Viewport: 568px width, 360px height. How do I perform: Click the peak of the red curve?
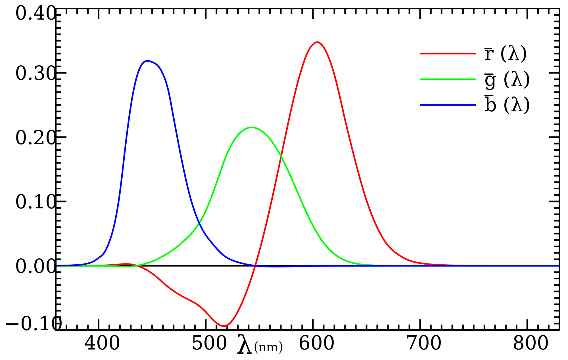tap(317, 42)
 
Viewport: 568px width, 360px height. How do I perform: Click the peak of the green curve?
tap(252, 127)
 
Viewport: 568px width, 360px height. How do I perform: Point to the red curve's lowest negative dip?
tap(224, 326)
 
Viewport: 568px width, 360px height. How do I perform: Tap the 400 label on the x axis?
tap(102, 343)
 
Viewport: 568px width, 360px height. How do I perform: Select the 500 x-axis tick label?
tap(210, 343)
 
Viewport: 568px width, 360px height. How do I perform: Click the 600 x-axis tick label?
tap(316, 343)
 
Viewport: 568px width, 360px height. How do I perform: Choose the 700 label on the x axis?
tap(424, 343)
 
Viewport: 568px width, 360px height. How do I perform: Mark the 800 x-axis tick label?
tap(531, 343)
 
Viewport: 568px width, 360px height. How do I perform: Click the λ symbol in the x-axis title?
tap(245, 344)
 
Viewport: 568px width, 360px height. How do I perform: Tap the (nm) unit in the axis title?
tap(268, 347)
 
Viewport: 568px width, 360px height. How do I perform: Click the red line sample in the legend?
tap(448, 53)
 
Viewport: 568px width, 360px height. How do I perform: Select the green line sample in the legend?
tap(448, 79)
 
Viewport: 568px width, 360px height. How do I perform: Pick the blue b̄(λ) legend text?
tap(507, 105)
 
